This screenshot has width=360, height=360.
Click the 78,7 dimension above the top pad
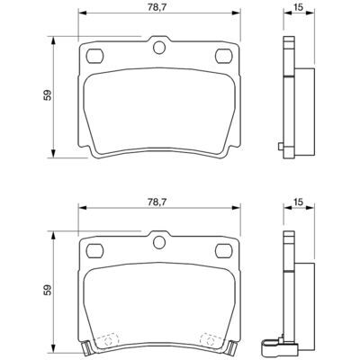click(157, 8)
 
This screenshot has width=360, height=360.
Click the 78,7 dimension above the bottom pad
click(157, 202)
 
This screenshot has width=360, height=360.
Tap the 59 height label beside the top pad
click(48, 95)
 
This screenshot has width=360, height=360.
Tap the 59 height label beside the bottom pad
click(48, 290)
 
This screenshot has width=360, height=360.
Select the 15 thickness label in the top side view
click(298, 8)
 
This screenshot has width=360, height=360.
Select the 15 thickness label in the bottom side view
click(298, 202)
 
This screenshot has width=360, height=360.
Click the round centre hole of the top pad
click(159, 48)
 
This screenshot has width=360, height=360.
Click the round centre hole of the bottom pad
click(159, 242)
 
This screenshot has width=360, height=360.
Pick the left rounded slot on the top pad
click(94, 56)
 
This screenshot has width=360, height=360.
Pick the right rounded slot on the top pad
click(224, 56)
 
